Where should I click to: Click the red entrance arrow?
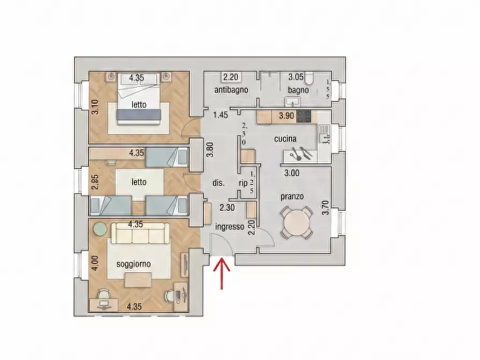pos(221,273)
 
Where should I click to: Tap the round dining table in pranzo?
pos(297,222)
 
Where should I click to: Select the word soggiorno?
pos(133,264)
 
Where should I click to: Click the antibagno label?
pos(231,90)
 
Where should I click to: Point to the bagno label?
pos(298,90)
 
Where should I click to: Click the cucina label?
pos(285,139)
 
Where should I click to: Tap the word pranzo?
pos(292,197)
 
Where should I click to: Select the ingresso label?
pos(230,227)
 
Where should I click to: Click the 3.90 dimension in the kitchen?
pos(286,116)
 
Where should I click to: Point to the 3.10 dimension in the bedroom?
pos(96,107)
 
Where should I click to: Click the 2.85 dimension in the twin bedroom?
pos(96,182)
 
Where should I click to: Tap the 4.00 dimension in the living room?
pos(96,263)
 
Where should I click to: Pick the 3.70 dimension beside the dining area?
pos(326,207)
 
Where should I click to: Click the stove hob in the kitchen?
pos(304,116)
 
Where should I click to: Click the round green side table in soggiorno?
pos(100,229)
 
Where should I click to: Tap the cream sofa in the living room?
pos(140,233)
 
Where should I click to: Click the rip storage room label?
pos(243,183)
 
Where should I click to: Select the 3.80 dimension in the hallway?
pos(210,150)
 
